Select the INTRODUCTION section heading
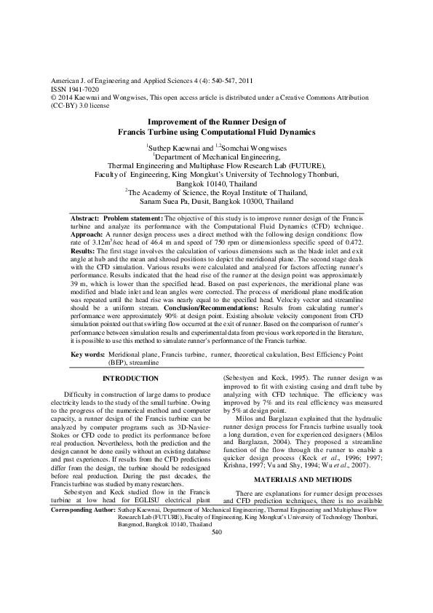coord(130,379)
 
